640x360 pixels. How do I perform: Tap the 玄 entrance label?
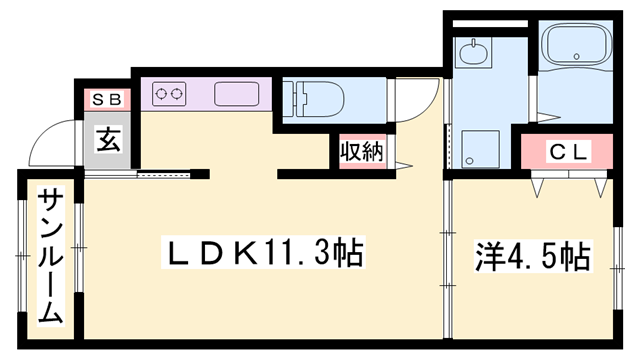(108, 138)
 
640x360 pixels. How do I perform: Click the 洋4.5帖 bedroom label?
(530, 256)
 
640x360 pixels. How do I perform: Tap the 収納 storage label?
(360, 152)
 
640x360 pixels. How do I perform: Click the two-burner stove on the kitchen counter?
(169, 95)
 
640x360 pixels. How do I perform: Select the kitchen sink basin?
(236, 95)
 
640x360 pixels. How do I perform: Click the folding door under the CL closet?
(570, 183)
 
